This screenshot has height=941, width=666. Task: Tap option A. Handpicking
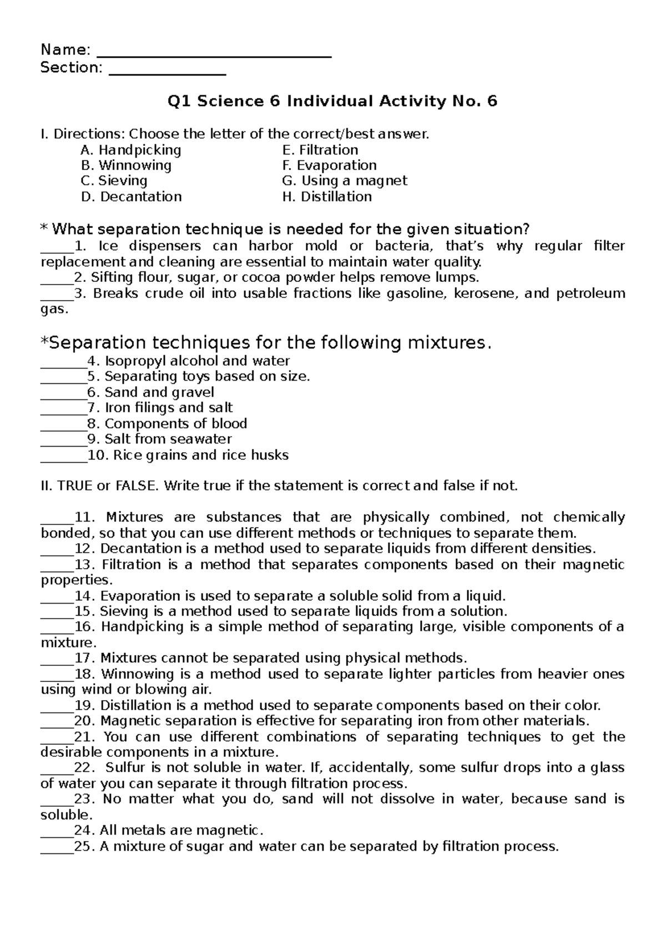pyautogui.click(x=131, y=150)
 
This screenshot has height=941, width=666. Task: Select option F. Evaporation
pyautogui.click(x=330, y=165)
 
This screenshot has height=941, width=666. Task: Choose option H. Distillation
pyautogui.click(x=327, y=196)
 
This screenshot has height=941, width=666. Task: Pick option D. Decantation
pyautogui.click(x=131, y=196)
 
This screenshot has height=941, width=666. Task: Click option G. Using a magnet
pyautogui.click(x=345, y=181)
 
